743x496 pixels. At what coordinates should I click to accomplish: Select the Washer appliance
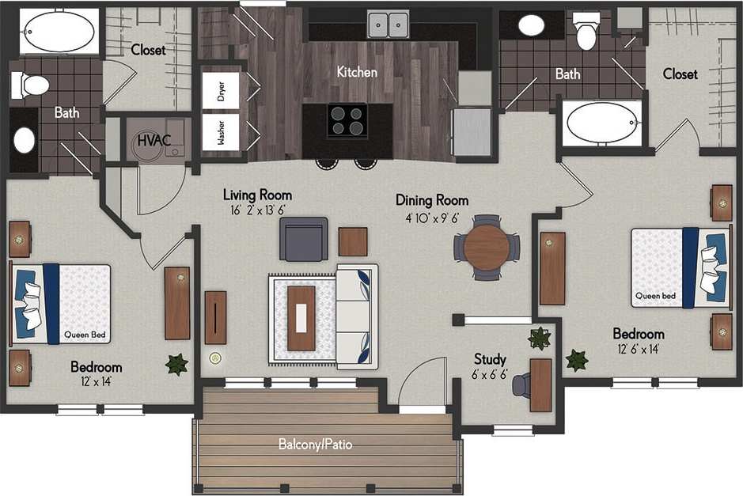(x=222, y=132)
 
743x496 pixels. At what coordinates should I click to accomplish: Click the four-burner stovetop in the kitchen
(x=347, y=121)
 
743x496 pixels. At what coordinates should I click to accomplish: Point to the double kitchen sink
(x=388, y=25)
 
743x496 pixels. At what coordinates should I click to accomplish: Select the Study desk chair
(x=521, y=385)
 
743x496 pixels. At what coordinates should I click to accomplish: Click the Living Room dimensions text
(x=257, y=210)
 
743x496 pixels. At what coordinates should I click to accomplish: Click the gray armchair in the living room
(x=303, y=238)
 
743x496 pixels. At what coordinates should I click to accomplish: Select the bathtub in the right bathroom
(x=604, y=123)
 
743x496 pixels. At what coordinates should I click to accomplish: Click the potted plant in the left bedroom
(x=176, y=364)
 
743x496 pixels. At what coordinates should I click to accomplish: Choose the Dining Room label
(x=432, y=200)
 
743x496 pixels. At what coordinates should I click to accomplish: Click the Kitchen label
(x=357, y=72)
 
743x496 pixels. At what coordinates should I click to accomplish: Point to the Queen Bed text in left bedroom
(x=87, y=335)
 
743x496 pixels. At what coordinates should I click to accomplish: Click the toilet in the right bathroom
(x=586, y=31)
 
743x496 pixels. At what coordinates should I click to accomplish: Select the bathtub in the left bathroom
(x=53, y=31)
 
